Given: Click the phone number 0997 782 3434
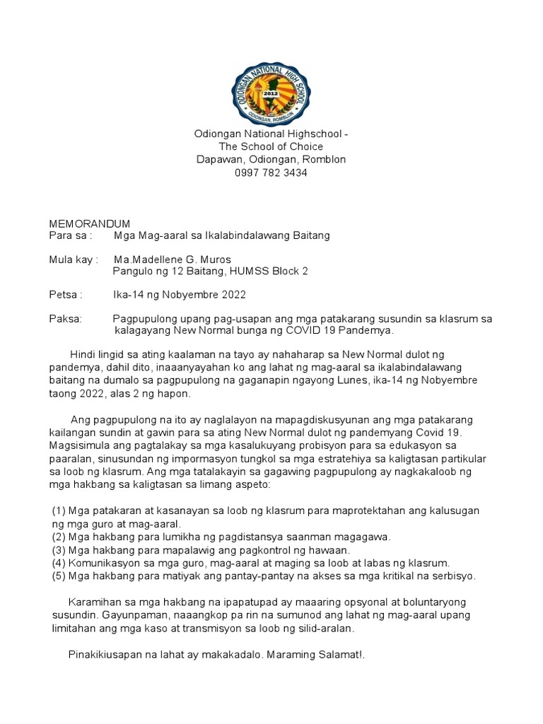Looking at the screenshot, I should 271,173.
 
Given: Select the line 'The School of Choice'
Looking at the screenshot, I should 271,146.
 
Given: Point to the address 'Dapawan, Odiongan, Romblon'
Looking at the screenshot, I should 271,160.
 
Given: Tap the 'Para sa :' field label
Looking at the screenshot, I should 70,235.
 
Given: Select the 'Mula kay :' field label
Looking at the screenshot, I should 73,259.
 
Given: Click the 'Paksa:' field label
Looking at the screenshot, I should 65,319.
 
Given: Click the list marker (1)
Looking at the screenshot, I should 59,511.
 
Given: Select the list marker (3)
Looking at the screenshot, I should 59,550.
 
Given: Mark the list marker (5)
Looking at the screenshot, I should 59,576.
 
